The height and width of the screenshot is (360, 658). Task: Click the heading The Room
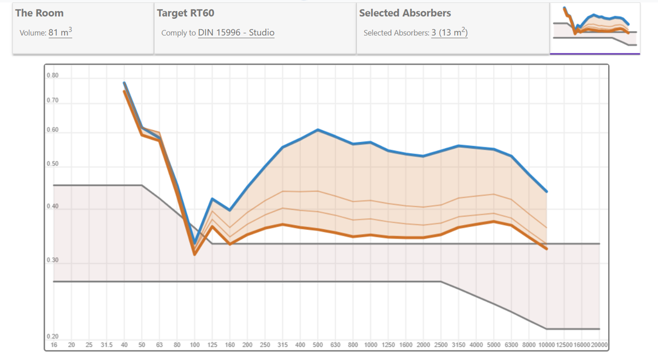(x=39, y=13)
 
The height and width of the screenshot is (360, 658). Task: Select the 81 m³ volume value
(x=60, y=33)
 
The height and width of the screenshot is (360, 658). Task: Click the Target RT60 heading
(x=185, y=13)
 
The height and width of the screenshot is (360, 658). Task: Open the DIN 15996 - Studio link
(x=236, y=33)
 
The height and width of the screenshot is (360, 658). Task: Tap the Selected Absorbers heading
(x=405, y=13)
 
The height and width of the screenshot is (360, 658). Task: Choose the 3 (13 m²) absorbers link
(x=449, y=33)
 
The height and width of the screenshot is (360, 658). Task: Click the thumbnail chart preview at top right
(x=595, y=28)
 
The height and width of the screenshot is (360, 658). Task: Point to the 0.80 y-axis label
(x=53, y=76)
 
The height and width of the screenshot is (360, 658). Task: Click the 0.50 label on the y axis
(x=53, y=164)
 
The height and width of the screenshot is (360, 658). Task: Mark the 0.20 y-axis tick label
(x=53, y=337)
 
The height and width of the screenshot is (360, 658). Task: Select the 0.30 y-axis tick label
(x=53, y=260)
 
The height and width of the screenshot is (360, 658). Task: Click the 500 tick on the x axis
(x=317, y=345)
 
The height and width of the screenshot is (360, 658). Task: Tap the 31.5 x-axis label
(x=106, y=345)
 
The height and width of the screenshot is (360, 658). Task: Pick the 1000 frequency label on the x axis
(x=371, y=345)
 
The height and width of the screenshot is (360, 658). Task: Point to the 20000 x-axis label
(x=599, y=345)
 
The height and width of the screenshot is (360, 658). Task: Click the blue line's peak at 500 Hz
(x=317, y=130)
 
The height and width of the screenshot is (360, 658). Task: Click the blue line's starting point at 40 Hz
(x=124, y=83)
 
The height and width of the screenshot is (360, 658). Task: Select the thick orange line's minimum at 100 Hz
(x=195, y=254)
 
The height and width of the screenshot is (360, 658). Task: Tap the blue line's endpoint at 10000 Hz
(x=547, y=191)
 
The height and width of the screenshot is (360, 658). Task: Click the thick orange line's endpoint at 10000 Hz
(x=547, y=249)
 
